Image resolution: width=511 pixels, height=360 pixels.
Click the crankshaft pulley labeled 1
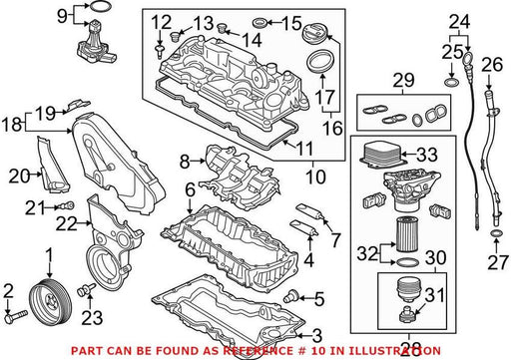click(x=49, y=302)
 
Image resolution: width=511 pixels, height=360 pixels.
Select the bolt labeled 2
click(x=16, y=316)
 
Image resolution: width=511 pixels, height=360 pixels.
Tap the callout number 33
click(x=427, y=155)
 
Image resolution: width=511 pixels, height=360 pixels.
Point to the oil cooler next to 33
click(x=383, y=154)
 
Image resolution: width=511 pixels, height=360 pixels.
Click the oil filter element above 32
click(x=406, y=233)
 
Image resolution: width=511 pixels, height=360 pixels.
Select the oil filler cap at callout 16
click(x=314, y=35)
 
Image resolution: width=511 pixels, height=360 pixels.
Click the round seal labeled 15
click(x=260, y=23)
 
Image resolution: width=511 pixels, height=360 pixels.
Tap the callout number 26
click(x=492, y=64)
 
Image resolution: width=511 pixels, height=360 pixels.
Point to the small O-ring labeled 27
click(x=496, y=234)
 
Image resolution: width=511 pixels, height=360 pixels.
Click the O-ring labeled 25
click(x=451, y=82)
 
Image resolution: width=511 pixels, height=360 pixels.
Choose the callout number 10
click(x=315, y=177)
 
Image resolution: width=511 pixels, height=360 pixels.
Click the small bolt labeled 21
click(x=67, y=205)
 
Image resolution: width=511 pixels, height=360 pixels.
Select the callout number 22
click(x=66, y=223)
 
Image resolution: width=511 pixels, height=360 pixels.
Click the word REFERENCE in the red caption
click(x=256, y=351)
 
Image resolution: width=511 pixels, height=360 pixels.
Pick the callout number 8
click(x=185, y=162)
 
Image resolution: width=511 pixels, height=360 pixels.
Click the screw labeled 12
click(x=160, y=52)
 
